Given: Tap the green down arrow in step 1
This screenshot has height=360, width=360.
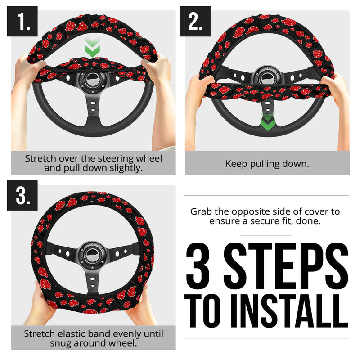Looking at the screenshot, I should pos(92,48).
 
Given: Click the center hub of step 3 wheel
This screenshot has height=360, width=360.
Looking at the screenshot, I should pos(92,254).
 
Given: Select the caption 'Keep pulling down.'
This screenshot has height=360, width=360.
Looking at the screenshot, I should pos(267,164).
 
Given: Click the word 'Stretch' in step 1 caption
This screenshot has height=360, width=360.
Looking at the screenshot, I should pos(40,159).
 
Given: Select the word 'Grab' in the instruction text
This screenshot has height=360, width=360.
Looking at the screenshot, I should pos(201,211).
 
